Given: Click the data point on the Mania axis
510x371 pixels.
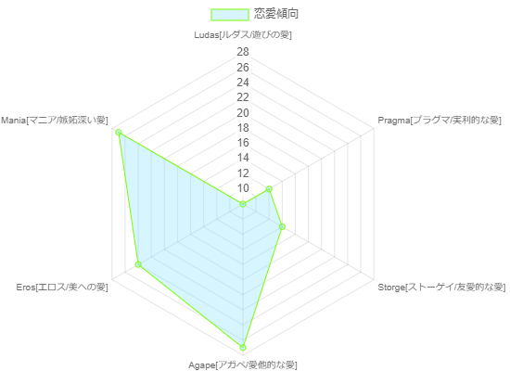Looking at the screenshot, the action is point(119,132).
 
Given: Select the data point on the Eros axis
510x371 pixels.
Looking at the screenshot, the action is point(138,264).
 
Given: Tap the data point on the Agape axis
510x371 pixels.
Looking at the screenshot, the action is point(243,347).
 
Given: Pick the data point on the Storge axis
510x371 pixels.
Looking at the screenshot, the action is point(282,226).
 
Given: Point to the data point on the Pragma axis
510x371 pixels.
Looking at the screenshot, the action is point(269,189).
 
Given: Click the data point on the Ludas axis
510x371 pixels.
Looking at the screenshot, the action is point(243,204).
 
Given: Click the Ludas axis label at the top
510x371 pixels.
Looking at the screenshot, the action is point(243,35).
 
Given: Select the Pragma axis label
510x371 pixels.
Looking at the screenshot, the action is point(440,120).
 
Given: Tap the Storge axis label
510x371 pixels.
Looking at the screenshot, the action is point(441,287).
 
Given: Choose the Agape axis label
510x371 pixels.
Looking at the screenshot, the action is point(243,365).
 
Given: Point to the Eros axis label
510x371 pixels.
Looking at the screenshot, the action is point(62,287).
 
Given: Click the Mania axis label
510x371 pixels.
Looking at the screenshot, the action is point(55,120).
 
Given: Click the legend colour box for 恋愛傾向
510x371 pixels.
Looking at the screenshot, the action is point(230,15).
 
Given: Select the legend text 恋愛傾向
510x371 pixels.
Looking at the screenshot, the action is point(275,14).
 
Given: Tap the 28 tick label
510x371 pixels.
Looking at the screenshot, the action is point(243,52).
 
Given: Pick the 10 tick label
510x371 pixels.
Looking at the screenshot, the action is point(243,188).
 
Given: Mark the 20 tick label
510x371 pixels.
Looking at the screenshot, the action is point(243,113).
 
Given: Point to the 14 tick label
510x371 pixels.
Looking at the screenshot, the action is point(243,158).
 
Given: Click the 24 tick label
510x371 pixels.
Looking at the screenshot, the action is point(243,83).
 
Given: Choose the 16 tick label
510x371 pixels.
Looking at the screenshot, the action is point(243,143).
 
